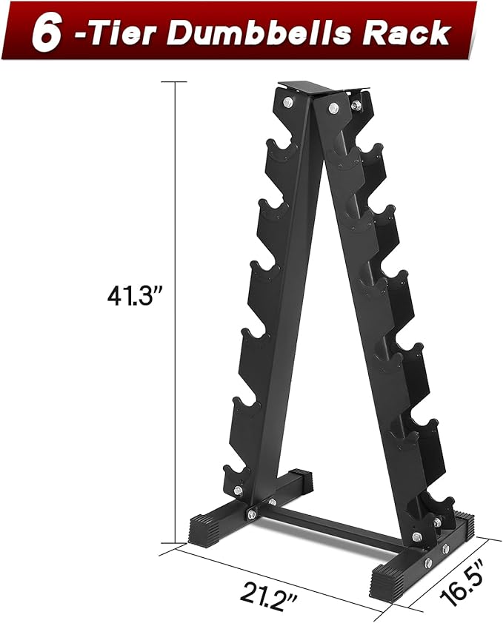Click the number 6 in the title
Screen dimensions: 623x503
click(46, 33)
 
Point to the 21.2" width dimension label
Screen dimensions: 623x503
click(265, 593)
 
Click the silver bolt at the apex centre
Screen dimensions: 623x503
click(331, 109)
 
